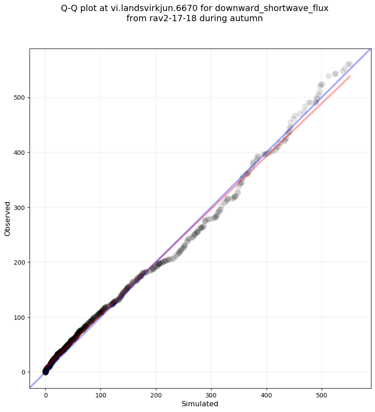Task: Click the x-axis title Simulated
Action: click(x=200, y=404)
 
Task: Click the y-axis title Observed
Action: click(x=7, y=218)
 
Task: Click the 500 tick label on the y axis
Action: click(x=20, y=97)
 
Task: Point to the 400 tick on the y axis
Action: click(x=20, y=153)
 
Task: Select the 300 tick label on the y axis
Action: click(x=20, y=207)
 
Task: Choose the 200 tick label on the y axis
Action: click(x=20, y=262)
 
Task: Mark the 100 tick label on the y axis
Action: click(x=20, y=317)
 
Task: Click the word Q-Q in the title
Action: click(x=70, y=8)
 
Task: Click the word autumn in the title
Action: click(x=249, y=19)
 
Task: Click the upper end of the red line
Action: click(x=350, y=76)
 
